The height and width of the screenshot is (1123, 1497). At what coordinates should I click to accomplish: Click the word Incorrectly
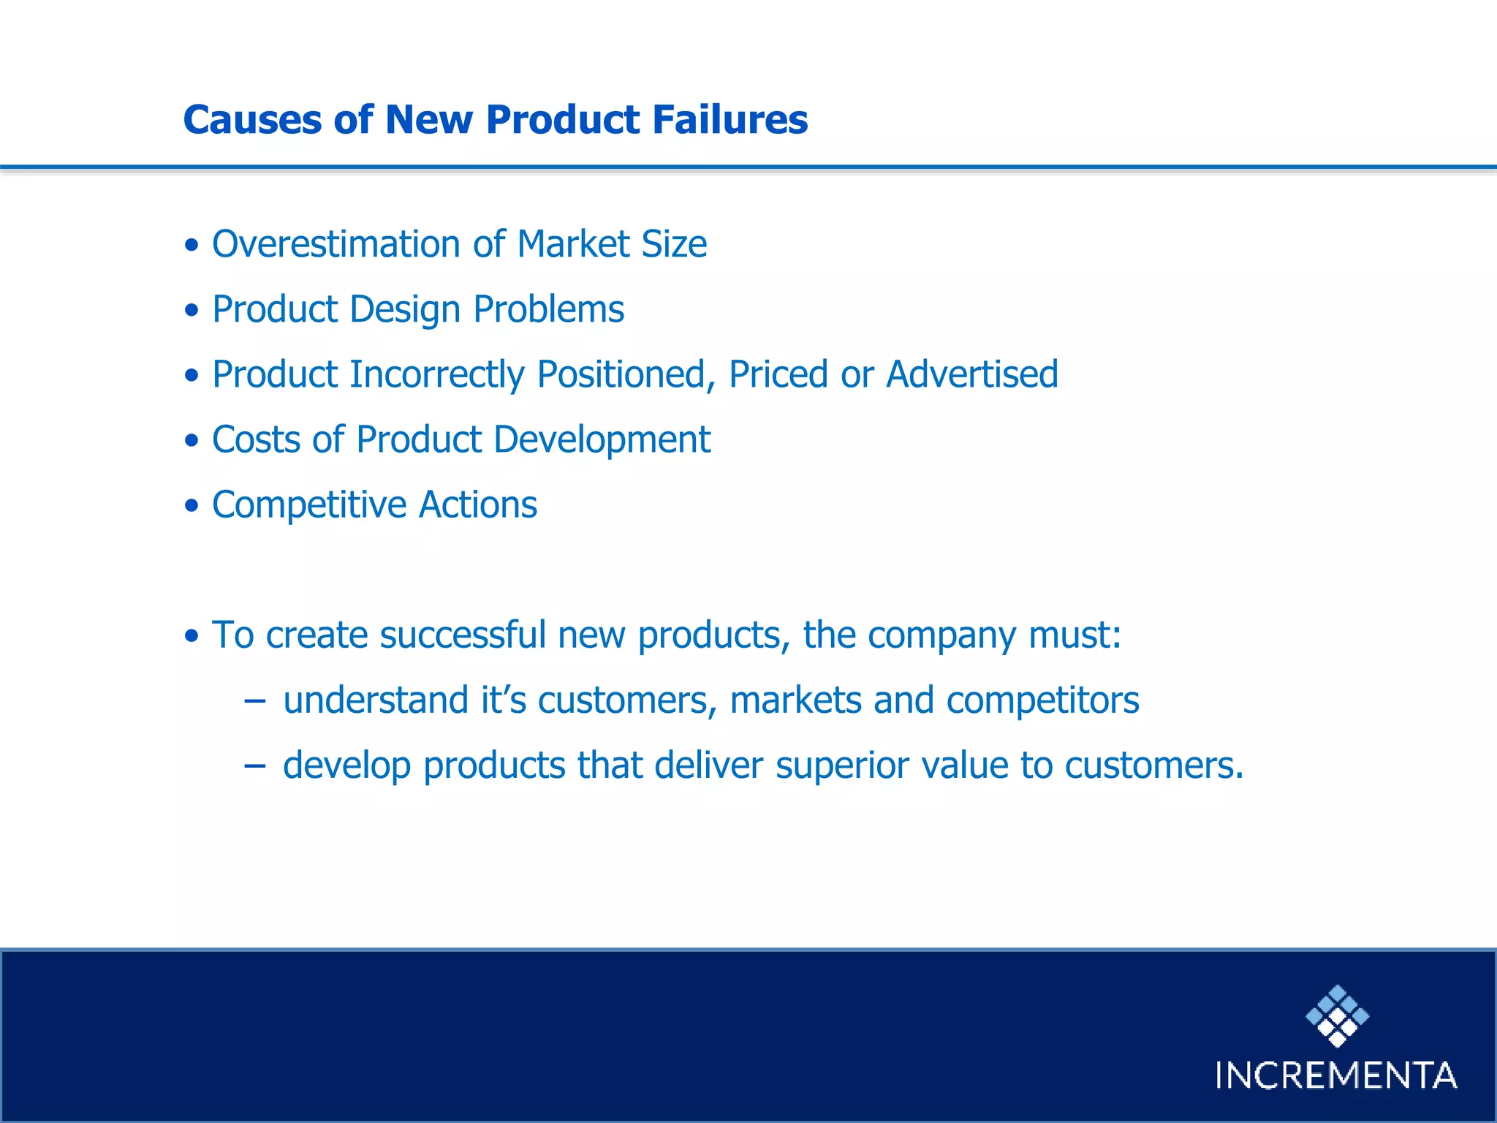[436, 374]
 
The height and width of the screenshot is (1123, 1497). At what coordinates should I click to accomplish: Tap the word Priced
[778, 374]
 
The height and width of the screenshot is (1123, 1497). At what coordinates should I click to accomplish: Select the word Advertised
[971, 374]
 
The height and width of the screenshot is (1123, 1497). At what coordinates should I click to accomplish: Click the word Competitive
[308, 505]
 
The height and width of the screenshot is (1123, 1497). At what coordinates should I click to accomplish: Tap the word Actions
[478, 505]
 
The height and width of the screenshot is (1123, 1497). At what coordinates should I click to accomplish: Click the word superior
[841, 766]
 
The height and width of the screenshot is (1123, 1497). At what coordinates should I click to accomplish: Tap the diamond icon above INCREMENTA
[1337, 1016]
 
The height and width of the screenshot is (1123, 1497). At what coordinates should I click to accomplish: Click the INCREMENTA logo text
[1336, 1075]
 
